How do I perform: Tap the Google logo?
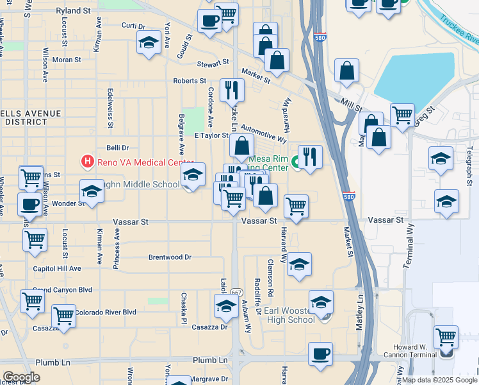click(21, 377)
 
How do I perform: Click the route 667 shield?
click(236, 292)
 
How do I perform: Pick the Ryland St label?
click(74, 11)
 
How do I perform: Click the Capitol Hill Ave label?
click(57, 268)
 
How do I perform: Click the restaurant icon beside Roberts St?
click(232, 89)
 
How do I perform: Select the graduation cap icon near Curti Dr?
click(149, 43)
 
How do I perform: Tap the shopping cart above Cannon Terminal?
click(446, 336)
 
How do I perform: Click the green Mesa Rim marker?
click(296, 162)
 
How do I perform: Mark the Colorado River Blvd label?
click(106, 312)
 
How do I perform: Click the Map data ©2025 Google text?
click(439, 380)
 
